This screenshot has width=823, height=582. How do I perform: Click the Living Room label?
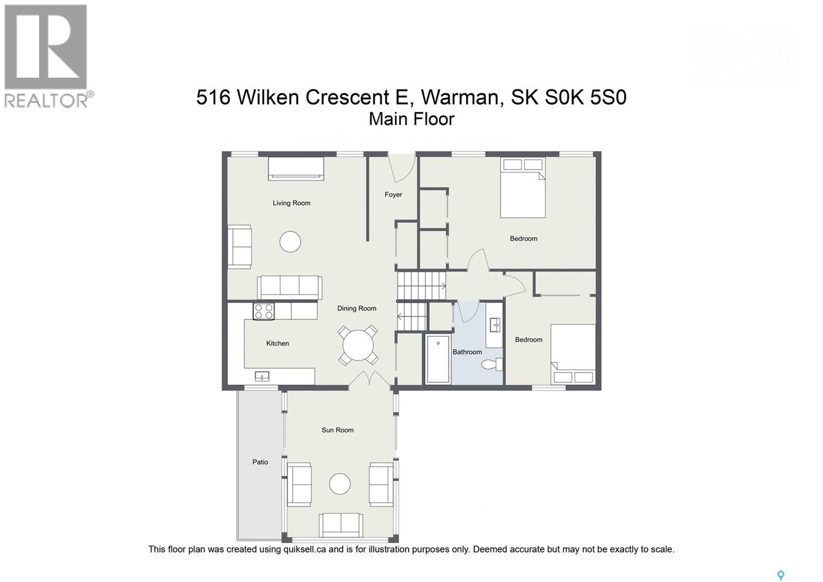tap(291, 203)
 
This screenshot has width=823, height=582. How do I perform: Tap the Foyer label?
tap(393, 195)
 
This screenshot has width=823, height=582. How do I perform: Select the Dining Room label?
tap(357, 309)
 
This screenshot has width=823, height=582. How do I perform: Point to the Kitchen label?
tap(277, 344)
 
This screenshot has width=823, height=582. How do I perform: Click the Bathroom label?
tap(467, 352)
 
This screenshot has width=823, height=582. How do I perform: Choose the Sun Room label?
tap(337, 430)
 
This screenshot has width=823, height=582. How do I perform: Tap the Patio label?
tap(260, 462)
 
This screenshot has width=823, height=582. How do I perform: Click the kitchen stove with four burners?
tap(263, 311)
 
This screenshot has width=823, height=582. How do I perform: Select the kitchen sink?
tap(262, 376)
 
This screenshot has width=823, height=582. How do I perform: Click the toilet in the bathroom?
tap(492, 364)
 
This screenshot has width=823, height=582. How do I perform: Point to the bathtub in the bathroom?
tap(438, 359)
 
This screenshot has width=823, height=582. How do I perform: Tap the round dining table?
tap(358, 346)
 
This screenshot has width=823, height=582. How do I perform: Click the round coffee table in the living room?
tap(290, 242)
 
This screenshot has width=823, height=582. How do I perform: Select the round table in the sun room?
tap(339, 484)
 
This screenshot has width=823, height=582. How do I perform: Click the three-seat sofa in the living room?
tap(290, 288)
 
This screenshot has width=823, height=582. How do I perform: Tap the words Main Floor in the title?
tap(411, 119)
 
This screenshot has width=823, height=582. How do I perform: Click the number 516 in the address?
tap(213, 97)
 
